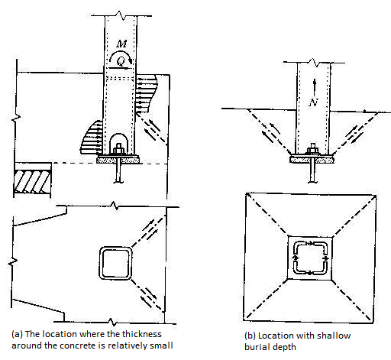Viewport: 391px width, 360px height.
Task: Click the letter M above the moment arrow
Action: point(121,44)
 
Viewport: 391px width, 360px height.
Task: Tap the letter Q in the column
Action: point(121,60)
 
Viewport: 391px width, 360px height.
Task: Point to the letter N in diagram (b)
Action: point(314,102)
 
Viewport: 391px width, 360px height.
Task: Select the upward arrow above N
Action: point(315,87)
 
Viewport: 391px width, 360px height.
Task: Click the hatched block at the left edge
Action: point(32,182)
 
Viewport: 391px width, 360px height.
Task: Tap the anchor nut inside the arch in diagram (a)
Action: point(118,149)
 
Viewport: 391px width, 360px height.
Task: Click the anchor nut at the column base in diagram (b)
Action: point(313,149)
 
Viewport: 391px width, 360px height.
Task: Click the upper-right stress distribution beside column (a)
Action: point(147,93)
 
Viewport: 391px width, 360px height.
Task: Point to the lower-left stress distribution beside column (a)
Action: point(92,138)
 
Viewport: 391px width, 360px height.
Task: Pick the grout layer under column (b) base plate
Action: point(312,160)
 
